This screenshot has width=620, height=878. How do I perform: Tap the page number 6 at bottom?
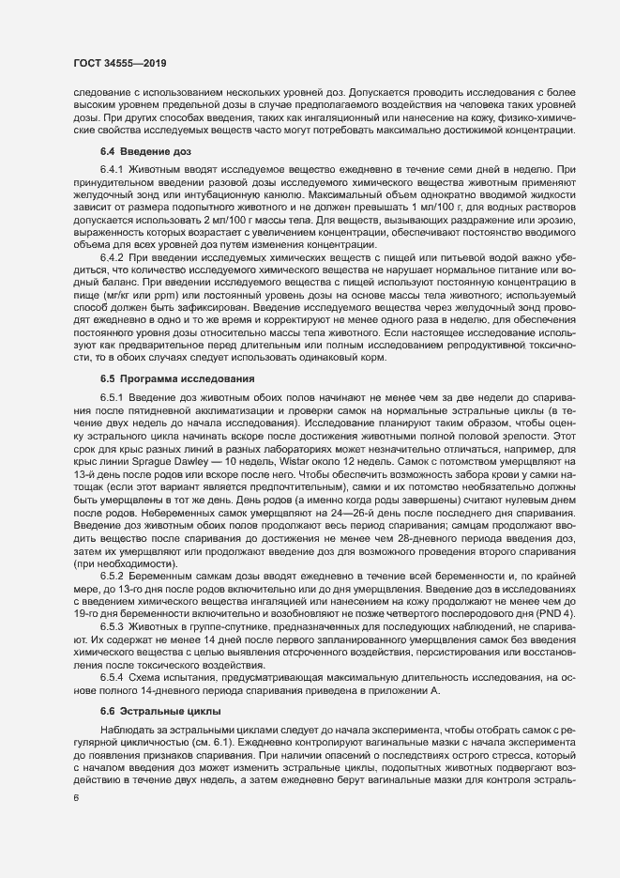(76, 798)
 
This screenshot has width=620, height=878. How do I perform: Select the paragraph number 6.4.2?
(112, 257)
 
